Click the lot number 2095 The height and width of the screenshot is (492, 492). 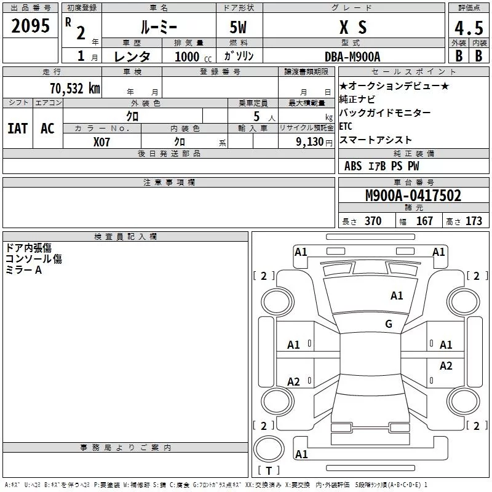coord(31,26)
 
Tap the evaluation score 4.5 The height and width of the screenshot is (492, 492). coord(468,28)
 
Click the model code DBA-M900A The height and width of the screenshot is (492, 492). coord(352,56)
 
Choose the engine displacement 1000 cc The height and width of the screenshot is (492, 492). coord(192,56)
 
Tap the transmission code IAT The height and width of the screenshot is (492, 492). coord(17,129)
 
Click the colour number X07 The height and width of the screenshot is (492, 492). coord(102,141)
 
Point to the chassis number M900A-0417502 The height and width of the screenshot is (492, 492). coord(413,196)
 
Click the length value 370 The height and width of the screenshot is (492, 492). coord(373,221)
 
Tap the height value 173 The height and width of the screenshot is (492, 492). coord(474,221)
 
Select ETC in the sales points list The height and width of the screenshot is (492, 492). coord(346,126)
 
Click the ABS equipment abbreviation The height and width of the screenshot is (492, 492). coord(353,166)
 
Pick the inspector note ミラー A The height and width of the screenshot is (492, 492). coord(23,271)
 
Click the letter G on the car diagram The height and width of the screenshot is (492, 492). coord(388,324)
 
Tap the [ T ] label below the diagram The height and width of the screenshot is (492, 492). coord(268,471)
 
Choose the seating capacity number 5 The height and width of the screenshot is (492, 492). coord(257,116)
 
